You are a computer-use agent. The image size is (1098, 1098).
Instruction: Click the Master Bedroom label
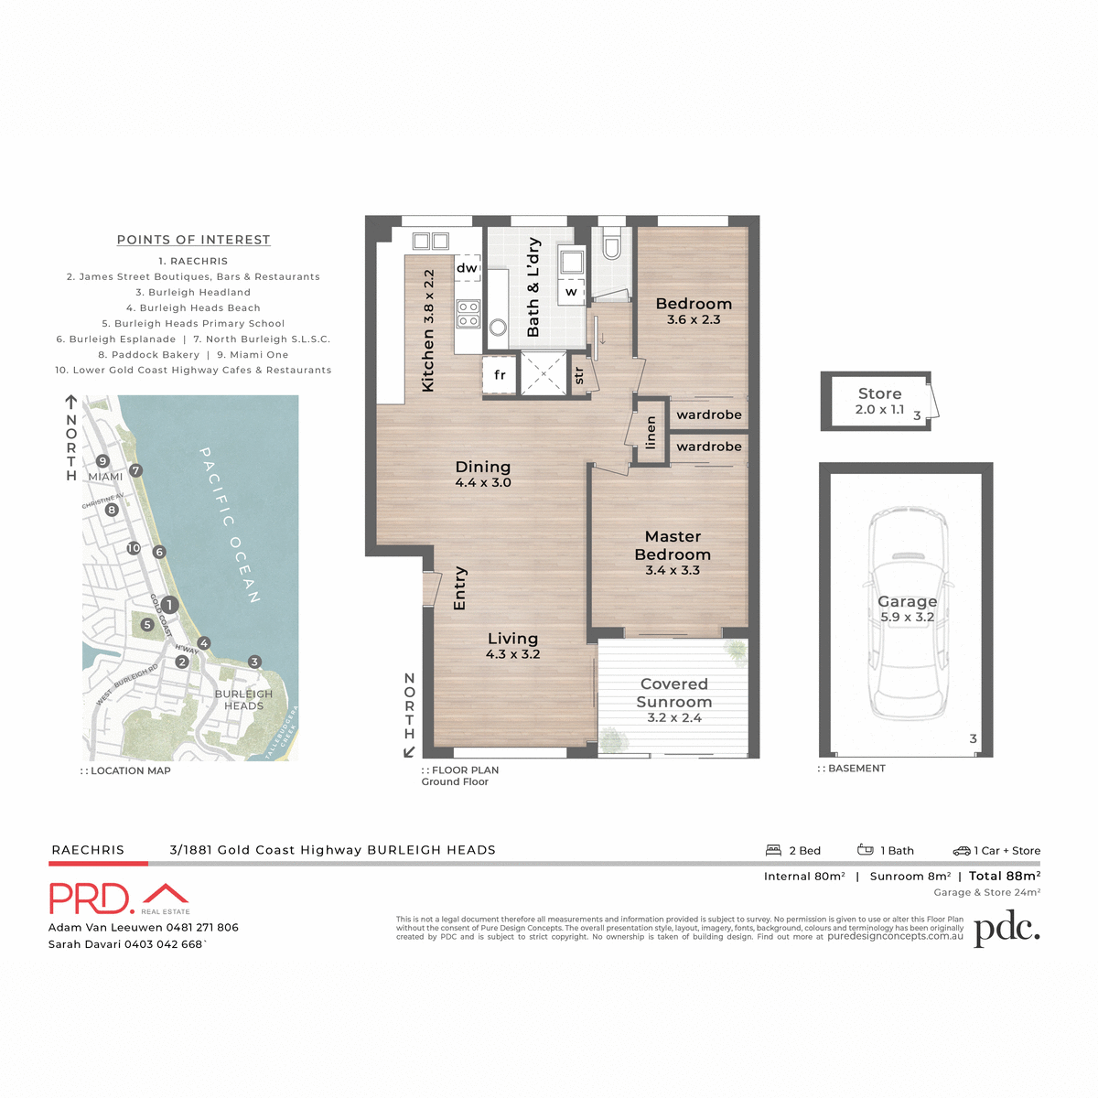(x=673, y=545)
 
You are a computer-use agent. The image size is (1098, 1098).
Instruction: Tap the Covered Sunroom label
(x=674, y=693)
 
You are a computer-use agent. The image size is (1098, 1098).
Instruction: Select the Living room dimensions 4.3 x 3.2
(x=513, y=654)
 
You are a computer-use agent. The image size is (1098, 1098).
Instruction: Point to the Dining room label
(x=483, y=467)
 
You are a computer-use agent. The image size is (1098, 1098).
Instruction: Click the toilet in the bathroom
(x=611, y=245)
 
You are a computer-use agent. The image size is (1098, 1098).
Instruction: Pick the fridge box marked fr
(x=500, y=375)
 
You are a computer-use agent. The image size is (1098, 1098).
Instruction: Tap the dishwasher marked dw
(x=467, y=268)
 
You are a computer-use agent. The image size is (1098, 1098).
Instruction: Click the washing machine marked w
(x=572, y=292)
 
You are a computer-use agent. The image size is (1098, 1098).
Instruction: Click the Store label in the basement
(x=879, y=393)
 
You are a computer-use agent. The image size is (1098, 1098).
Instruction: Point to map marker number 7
(x=135, y=470)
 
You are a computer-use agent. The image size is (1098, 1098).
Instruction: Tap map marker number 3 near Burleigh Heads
(x=254, y=662)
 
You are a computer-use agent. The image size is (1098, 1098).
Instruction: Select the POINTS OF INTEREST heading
(x=193, y=240)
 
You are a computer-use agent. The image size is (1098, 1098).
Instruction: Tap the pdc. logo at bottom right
(x=1006, y=928)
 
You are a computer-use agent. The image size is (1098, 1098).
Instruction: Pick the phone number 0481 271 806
(x=202, y=927)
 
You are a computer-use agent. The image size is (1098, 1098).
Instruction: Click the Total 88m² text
(x=1005, y=876)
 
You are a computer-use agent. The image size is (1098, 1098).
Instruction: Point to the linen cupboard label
(x=651, y=433)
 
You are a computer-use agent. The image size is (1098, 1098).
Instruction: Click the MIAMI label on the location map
(x=106, y=477)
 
